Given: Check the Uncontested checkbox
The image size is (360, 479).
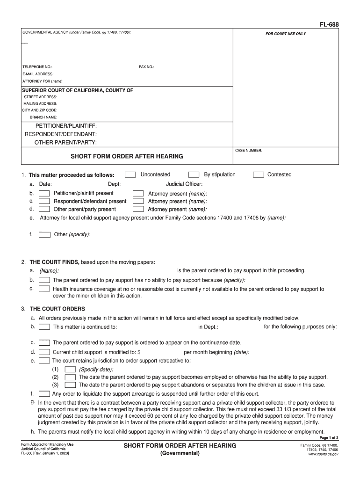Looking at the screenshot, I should tap(130, 174).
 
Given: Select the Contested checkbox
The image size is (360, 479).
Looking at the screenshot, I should tap(258, 174).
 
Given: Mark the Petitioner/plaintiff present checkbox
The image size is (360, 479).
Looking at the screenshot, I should tap(44, 193).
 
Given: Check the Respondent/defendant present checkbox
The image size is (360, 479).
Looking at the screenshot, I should tap(44, 201).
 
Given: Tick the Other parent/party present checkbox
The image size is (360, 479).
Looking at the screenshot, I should tap(44, 209).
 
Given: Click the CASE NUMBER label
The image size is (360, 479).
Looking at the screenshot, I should tap(249, 151).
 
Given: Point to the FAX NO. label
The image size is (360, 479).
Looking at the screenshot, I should tap(146, 67).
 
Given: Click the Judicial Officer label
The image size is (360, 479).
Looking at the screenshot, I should tap(184, 184).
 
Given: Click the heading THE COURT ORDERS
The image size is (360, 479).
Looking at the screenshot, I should tap(58, 309).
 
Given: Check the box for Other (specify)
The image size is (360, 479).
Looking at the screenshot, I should tap(44, 234).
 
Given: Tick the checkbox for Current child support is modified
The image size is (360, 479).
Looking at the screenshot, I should tap(44, 352).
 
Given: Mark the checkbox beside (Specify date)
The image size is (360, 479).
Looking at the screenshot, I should tap(70, 369).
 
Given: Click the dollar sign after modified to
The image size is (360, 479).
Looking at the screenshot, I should tap(139, 352).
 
